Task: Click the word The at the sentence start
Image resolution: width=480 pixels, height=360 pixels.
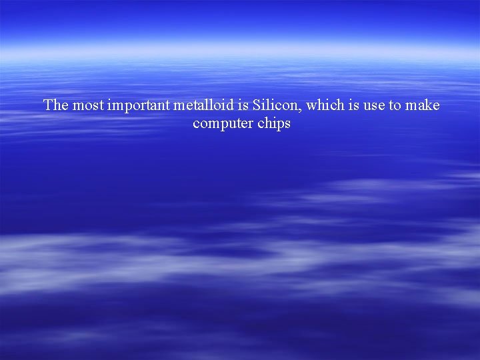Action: tap(56, 105)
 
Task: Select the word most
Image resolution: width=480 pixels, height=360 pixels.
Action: tap(87, 105)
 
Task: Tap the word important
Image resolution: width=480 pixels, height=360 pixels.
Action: tap(139, 106)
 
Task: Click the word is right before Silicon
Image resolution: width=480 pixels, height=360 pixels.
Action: tap(243, 105)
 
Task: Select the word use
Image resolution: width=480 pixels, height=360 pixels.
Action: tap(374, 106)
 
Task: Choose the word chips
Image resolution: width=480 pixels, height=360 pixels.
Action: tap(274, 125)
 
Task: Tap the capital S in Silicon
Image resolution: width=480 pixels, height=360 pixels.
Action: tap(257, 105)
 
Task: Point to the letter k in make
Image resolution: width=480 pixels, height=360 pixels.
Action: tap(428, 105)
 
